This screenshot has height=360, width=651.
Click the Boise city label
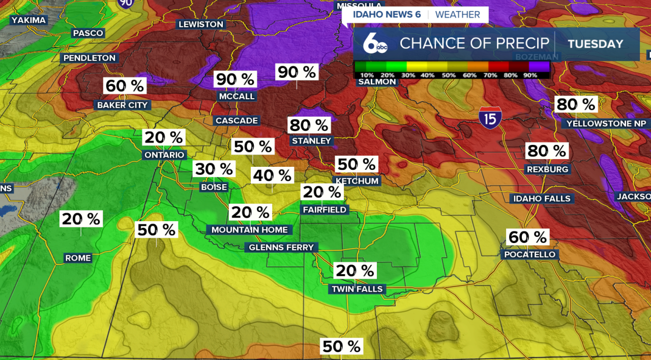(214, 187)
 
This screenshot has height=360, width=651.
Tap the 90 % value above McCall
(235, 79)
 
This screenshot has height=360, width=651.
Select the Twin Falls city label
(357, 289)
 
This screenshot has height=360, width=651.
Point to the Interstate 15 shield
(490, 118)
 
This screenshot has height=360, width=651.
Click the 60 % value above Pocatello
(527, 237)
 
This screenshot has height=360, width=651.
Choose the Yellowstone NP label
(606, 124)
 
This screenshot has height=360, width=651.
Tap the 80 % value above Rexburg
(547, 151)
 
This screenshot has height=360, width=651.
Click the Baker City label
(122, 105)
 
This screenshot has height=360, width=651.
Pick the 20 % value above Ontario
(164, 137)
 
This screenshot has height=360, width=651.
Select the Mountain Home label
(250, 230)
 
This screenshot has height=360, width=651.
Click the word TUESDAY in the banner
(595, 44)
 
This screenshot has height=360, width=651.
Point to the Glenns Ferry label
(281, 248)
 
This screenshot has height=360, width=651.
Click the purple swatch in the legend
(539, 66)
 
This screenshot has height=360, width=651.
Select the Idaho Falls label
(542, 198)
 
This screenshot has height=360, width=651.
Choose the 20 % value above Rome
(81, 219)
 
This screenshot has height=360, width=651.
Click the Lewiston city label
(200, 24)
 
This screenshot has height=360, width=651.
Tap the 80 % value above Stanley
(309, 125)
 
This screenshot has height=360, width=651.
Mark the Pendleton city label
(90, 58)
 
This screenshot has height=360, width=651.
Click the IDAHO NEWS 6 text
(387, 15)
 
